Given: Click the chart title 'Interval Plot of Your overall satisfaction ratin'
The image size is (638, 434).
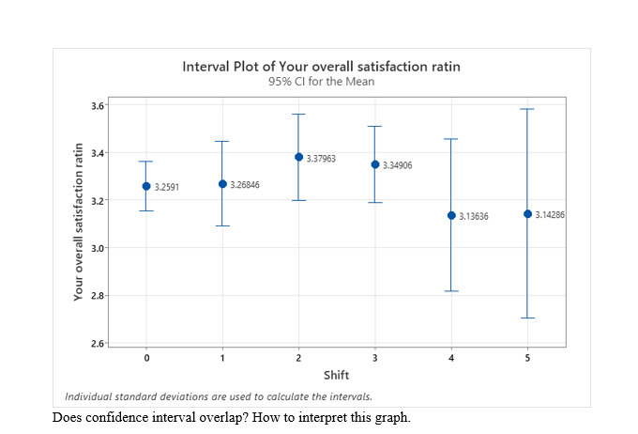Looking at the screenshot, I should coord(322,67).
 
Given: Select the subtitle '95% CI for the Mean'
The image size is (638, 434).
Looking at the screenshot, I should coord(322,82).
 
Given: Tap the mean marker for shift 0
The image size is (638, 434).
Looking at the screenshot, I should coord(146,186).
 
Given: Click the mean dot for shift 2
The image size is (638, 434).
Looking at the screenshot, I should coord(298,157).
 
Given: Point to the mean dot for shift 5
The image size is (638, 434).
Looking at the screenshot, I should coord(527,213).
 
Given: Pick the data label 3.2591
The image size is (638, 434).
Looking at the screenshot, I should coord(166,188).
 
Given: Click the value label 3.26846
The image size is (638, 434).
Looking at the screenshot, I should coord(245,185).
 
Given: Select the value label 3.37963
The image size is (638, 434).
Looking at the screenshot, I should coord(322,159).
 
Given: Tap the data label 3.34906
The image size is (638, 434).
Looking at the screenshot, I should coord(397,165).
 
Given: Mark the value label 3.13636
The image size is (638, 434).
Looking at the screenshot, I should coord(474,216).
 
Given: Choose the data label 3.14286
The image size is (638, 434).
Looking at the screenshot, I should coord(550,215).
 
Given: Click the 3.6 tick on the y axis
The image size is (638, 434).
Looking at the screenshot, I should coord(98,105).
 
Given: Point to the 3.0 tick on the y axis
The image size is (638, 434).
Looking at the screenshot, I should coord(98,248).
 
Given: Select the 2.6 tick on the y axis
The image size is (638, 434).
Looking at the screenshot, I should coord(98,344).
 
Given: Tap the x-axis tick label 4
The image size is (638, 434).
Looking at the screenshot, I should coord(450,359).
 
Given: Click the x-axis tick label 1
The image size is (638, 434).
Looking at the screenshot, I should coord(222,359).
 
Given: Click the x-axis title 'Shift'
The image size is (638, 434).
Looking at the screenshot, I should coord(336,376).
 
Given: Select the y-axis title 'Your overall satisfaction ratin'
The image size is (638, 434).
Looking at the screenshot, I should coord(81,222).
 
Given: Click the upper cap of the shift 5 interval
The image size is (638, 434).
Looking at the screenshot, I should coord(527,109).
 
